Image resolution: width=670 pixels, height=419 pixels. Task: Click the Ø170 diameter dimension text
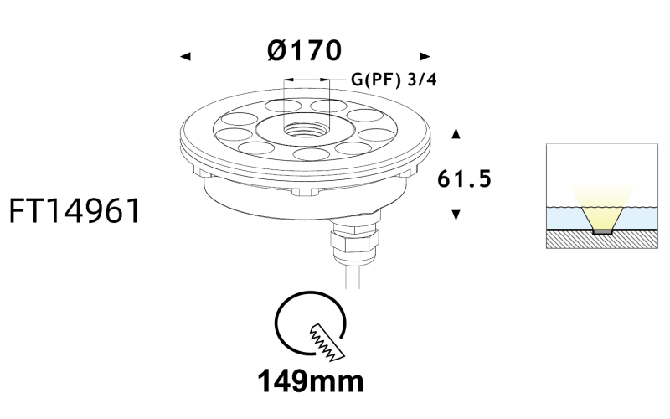(304, 50)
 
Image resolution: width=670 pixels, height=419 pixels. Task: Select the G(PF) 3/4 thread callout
(394, 80)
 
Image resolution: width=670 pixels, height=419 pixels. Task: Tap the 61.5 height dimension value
(465, 178)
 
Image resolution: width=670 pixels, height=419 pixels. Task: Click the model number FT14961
(75, 211)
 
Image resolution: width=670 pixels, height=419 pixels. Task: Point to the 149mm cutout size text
(311, 381)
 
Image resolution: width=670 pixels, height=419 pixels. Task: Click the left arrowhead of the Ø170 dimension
(185, 56)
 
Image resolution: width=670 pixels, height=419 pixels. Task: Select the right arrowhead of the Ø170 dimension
(425, 56)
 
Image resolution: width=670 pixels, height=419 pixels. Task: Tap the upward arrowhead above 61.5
(456, 133)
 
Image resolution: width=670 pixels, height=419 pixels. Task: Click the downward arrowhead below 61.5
(456, 215)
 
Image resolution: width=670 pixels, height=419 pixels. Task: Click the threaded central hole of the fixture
(305, 129)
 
